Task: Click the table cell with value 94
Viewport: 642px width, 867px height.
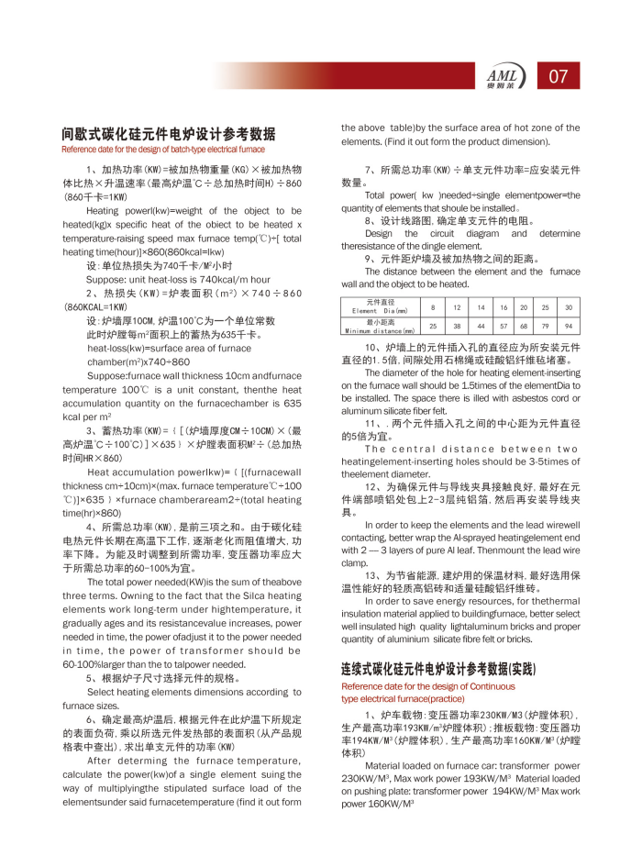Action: coord(569,326)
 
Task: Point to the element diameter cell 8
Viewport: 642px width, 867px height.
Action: coord(433,307)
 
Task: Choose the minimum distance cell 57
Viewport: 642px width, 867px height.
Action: coord(504,326)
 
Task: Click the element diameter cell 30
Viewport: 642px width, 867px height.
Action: coord(569,307)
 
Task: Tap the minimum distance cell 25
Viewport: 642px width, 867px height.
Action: coord(433,326)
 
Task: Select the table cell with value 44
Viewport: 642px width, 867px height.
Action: coord(480,326)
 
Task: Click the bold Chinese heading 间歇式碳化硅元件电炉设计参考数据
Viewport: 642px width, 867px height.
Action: coord(169,133)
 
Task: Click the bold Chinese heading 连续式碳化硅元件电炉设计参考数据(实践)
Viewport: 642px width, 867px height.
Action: coord(437,669)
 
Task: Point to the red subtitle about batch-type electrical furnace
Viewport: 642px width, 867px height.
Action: coord(163,149)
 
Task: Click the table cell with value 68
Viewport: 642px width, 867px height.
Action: coord(524,326)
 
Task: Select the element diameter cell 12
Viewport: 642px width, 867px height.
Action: coord(457,307)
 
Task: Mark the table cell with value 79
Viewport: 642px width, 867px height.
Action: coord(546,326)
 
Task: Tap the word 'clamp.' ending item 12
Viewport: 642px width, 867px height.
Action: coord(354,562)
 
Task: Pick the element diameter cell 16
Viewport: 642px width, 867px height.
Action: coord(504,307)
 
